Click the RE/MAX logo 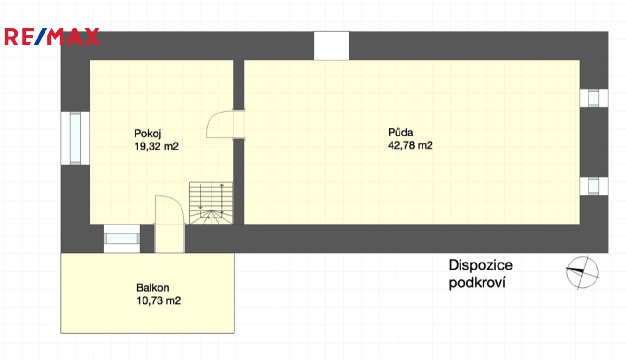52,37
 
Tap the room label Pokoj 148,134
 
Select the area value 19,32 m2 157,146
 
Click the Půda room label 400,132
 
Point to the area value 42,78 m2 410,145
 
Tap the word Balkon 152,287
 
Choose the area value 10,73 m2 158,300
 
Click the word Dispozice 481,265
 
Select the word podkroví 477,282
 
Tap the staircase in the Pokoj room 211,203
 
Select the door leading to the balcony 170,224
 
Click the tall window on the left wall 75,138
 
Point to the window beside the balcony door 122,239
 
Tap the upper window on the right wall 594,98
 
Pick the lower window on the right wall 594,186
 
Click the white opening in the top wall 332,45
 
